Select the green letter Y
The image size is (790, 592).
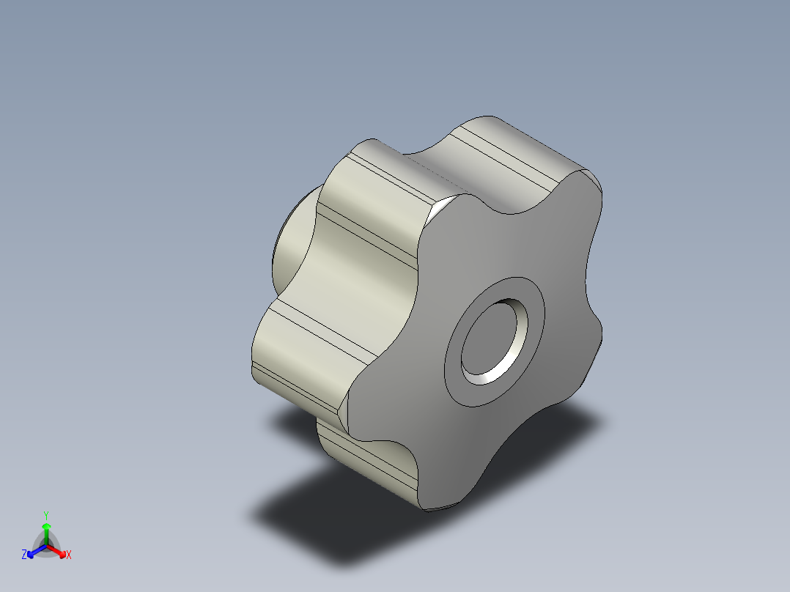[x=46, y=514]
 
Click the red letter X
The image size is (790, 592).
[x=69, y=555]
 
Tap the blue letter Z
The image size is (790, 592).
[x=25, y=555]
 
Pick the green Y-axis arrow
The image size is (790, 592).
[x=46, y=531]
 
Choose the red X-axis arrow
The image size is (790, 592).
[x=60, y=552]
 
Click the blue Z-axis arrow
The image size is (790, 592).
[x=33, y=552]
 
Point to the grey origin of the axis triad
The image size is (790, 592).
[x=46, y=547]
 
